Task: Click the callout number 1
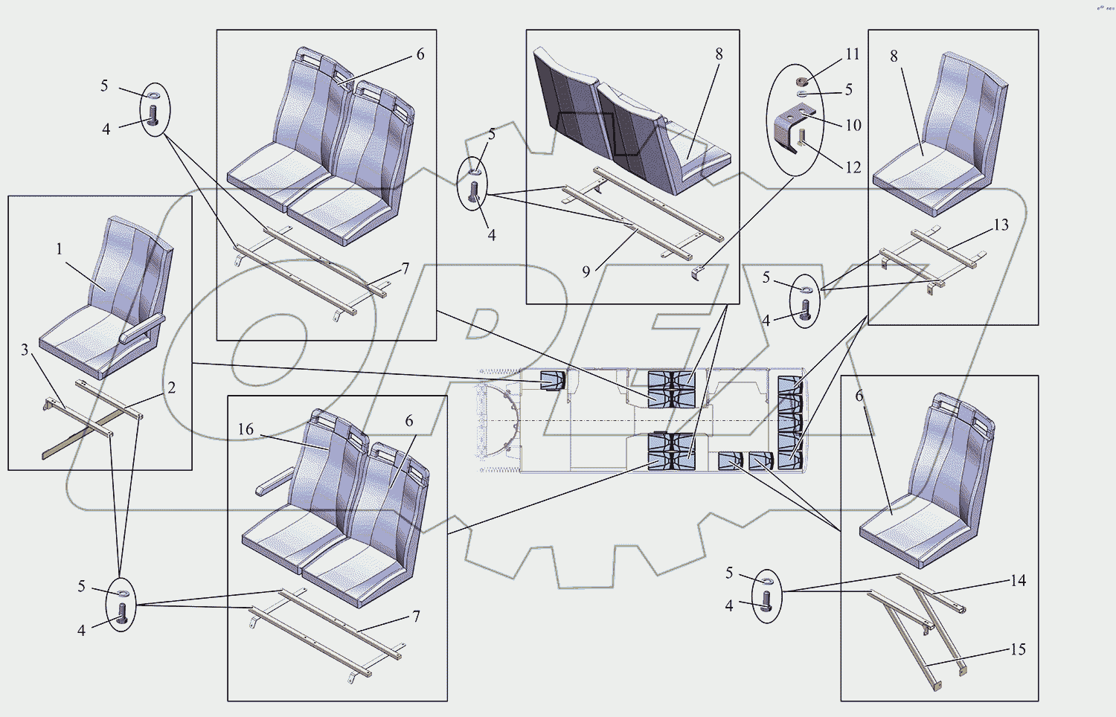pos(60,249)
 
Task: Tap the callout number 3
pos(25,350)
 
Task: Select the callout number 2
pos(172,388)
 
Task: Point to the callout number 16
pos(246,429)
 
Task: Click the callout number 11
pos(853,54)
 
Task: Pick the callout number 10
pos(853,125)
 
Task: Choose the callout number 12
pos(853,167)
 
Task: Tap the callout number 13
pos(1001,225)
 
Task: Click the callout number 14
pos(1018,580)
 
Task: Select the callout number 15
pos(1018,649)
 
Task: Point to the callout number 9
pos(586,271)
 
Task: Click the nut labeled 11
pos(801,81)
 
